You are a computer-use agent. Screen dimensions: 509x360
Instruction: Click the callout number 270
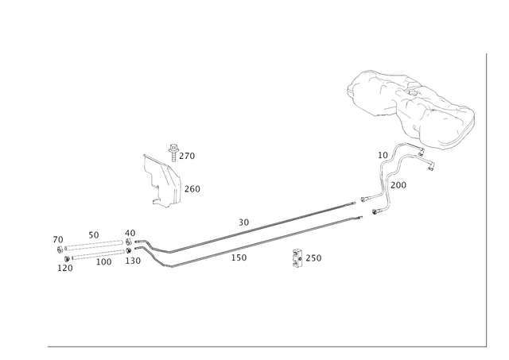(x=187, y=156)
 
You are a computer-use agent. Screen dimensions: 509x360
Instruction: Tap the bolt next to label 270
(x=173, y=153)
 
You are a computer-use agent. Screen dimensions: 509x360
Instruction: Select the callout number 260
(x=192, y=189)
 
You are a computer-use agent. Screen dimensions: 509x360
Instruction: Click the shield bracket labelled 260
(x=162, y=181)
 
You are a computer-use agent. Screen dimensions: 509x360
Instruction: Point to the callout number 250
(x=313, y=258)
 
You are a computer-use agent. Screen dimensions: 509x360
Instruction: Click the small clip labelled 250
(x=297, y=258)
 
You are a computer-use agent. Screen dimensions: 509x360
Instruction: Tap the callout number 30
(x=244, y=223)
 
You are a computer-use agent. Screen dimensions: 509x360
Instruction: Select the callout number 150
(x=239, y=257)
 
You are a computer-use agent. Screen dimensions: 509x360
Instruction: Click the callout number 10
(x=383, y=155)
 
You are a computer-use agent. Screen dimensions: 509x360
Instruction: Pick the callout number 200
(x=398, y=185)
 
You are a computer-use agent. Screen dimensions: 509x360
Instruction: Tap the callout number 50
(x=94, y=235)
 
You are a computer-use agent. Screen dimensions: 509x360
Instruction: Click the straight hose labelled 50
(x=94, y=245)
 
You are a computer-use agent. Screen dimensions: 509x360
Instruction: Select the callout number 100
(x=104, y=261)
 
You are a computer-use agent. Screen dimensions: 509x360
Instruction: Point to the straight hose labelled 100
(x=98, y=254)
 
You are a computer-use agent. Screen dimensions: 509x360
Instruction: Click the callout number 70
(x=58, y=240)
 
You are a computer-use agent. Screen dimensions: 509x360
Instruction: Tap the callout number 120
(x=65, y=269)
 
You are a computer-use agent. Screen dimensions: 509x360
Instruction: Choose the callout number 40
(x=130, y=233)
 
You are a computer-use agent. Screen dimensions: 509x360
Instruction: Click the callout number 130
(x=133, y=261)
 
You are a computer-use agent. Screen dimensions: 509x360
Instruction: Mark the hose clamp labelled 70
(x=60, y=250)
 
